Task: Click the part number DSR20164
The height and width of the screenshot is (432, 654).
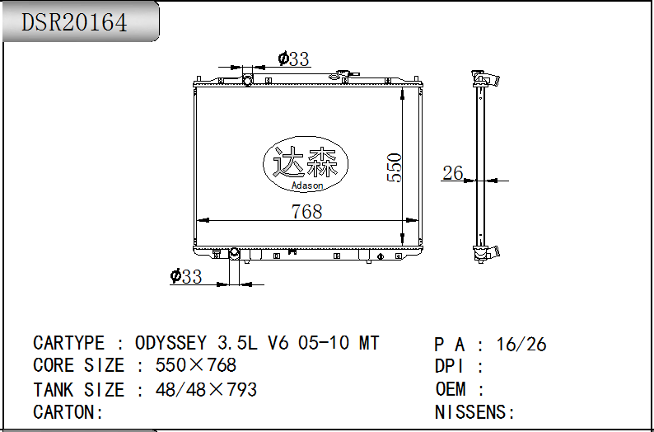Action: tap(74, 22)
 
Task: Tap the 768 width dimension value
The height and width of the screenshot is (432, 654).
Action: tap(306, 212)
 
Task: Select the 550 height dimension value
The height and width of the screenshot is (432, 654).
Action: tap(395, 167)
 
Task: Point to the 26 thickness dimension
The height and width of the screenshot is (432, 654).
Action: tap(452, 172)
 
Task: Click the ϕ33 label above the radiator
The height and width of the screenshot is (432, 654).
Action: tap(293, 59)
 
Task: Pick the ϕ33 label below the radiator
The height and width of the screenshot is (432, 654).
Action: tap(186, 276)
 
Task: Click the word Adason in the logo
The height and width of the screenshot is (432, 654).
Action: tap(307, 185)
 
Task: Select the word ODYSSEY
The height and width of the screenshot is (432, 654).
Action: tap(171, 343)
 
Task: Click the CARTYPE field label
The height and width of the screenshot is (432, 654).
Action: tap(68, 343)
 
